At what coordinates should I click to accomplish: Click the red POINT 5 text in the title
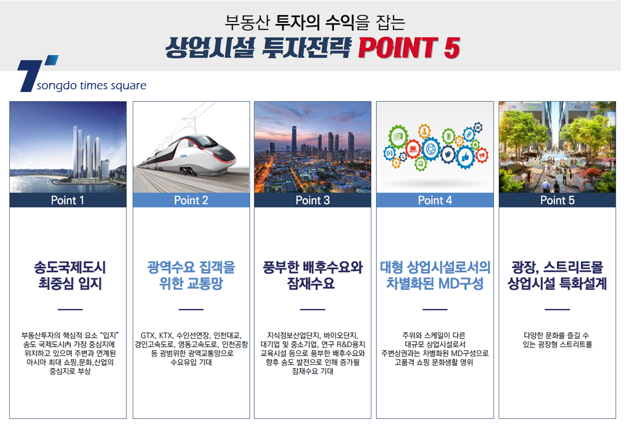point(409,48)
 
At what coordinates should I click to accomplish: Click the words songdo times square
point(92,85)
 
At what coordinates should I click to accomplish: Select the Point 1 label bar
point(68,200)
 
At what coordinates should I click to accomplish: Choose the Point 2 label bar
point(191,200)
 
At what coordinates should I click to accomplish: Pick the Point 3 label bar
point(313,200)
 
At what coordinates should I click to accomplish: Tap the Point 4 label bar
point(435,200)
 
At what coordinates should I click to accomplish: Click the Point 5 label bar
point(557,200)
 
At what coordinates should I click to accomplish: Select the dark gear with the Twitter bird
point(448,154)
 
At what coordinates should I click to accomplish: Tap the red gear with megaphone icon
point(482,155)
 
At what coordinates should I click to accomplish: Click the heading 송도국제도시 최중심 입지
point(70,276)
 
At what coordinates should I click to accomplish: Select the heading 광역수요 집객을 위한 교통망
point(191,276)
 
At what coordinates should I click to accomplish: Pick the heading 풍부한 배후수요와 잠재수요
point(313,276)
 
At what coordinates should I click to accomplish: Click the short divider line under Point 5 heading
point(557,309)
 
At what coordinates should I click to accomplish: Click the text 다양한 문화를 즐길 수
point(556,335)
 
